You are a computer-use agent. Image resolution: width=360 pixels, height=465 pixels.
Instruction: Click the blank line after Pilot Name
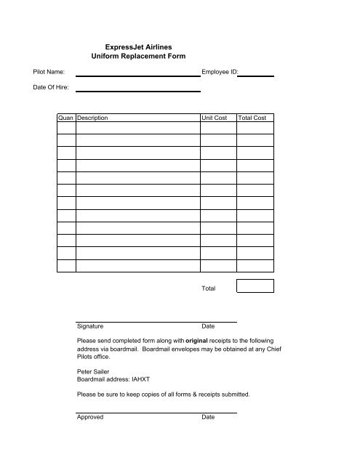tap(137, 74)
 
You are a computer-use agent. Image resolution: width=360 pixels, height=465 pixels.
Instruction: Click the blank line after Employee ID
tap(259, 74)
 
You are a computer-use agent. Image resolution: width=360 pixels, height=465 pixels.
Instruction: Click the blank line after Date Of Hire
tap(137, 90)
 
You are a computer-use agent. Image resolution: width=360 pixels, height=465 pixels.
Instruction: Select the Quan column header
tap(66, 117)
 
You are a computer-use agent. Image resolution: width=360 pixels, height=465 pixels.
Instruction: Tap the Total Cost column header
tap(252, 117)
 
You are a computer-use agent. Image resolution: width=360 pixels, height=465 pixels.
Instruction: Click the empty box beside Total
tap(255, 286)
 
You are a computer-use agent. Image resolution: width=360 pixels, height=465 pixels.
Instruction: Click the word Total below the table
tap(209, 289)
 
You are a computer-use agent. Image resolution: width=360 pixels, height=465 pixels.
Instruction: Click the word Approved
tap(90, 418)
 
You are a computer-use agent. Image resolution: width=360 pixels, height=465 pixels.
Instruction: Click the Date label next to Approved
tap(208, 418)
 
